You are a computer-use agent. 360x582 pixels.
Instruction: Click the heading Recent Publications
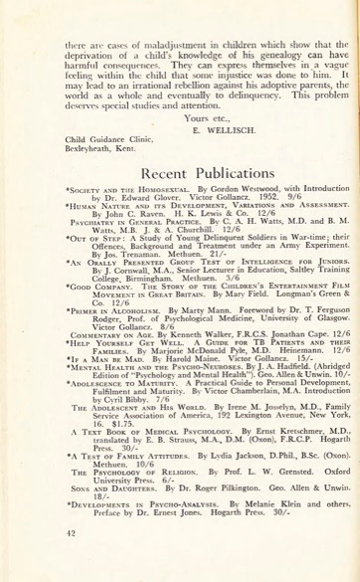click(179, 171)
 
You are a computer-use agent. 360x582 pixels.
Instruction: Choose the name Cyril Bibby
click(110, 399)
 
